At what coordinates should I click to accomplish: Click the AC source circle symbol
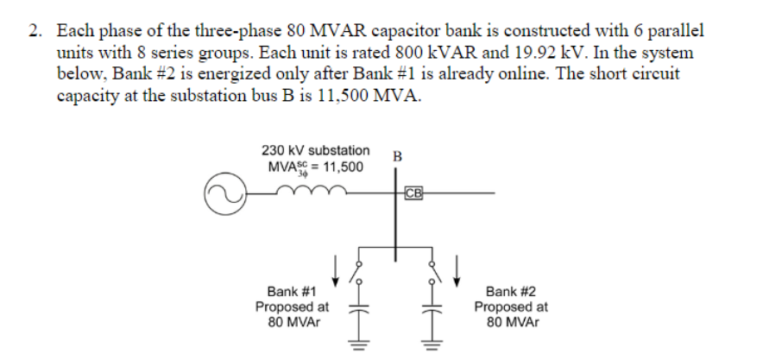(x=222, y=196)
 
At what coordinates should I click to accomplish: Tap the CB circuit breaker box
(x=413, y=193)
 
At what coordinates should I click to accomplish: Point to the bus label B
(x=396, y=157)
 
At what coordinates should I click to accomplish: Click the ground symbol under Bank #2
(x=432, y=342)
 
